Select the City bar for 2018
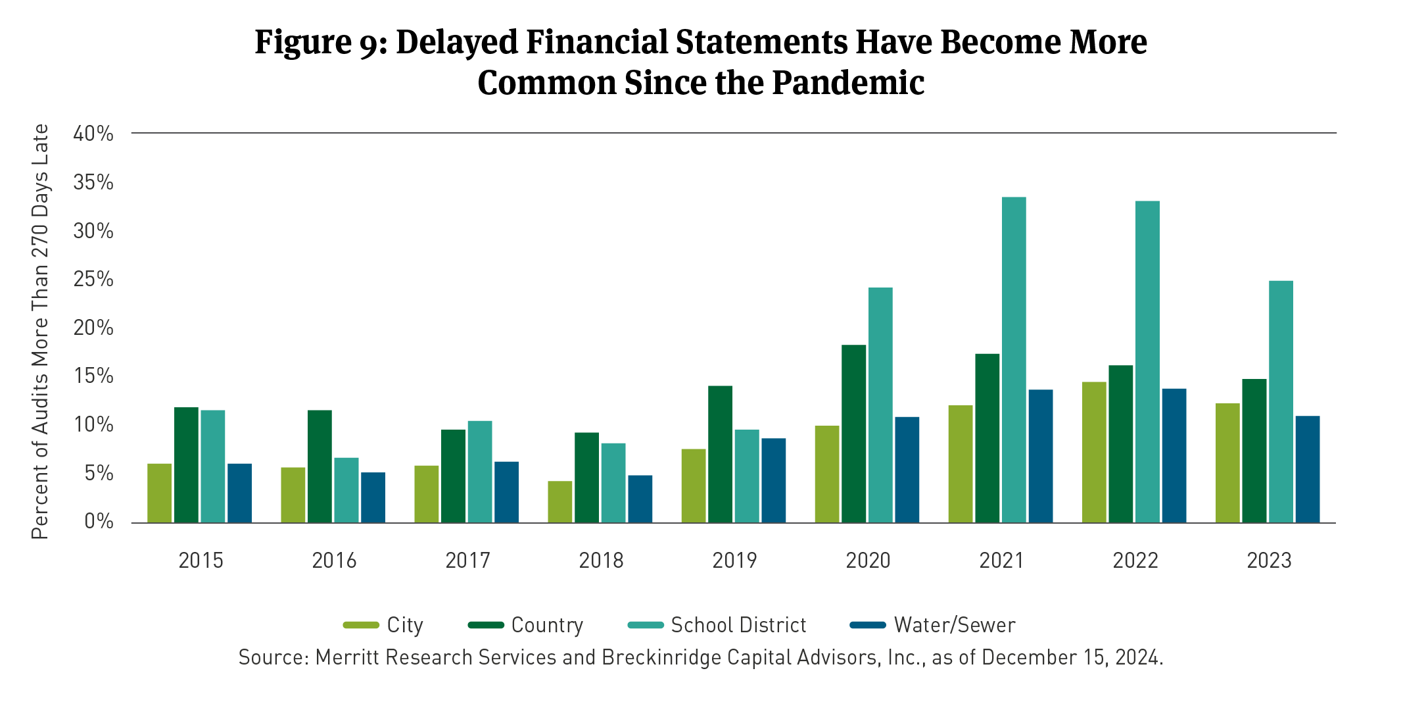point(559,502)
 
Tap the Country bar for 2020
point(853,434)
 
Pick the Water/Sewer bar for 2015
point(239,493)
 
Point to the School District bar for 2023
point(1281,402)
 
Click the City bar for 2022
point(1094,452)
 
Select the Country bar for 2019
point(720,454)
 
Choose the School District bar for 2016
point(346,490)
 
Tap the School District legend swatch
point(645,625)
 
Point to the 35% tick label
point(93,182)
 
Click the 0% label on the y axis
point(99,522)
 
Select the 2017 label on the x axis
point(467,561)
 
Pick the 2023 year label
point(1269,561)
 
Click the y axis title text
point(41,332)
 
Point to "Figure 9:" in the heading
point(321,42)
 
